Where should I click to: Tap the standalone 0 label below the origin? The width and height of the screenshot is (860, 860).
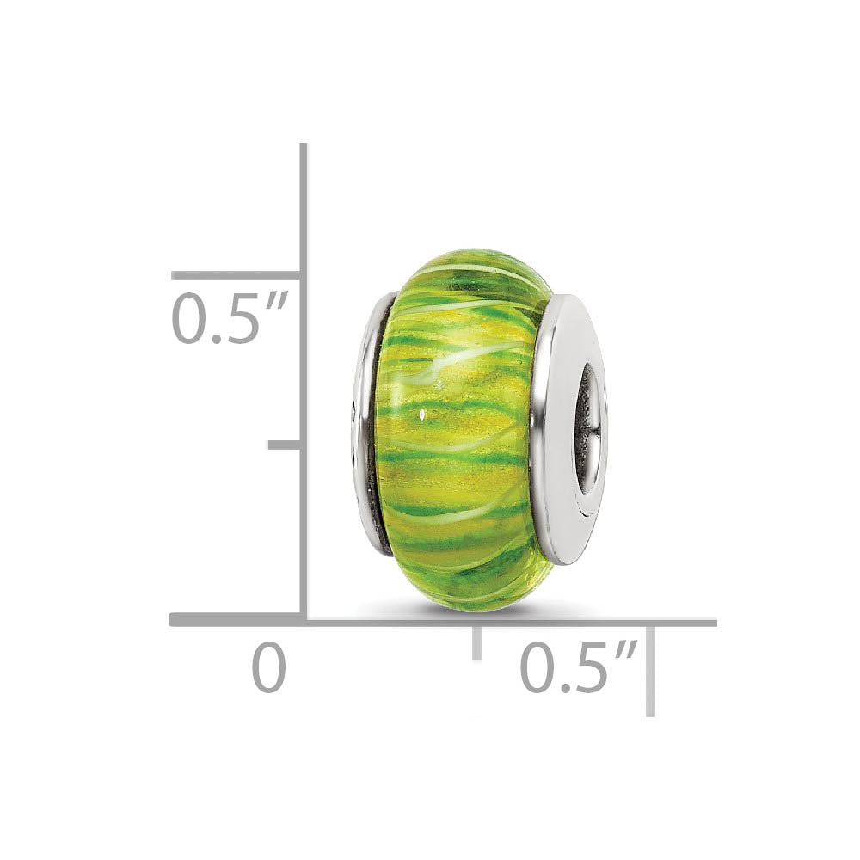click(x=268, y=669)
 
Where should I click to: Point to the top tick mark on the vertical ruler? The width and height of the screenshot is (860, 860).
click(x=236, y=276)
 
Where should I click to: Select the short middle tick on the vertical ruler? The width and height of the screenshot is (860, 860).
click(x=284, y=445)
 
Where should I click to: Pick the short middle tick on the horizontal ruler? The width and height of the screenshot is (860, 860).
click(x=476, y=642)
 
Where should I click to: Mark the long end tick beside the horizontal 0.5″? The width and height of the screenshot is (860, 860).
click(x=651, y=671)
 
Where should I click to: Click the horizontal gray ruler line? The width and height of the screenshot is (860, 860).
click(x=516, y=621)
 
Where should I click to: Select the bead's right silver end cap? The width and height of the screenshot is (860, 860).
click(x=569, y=430)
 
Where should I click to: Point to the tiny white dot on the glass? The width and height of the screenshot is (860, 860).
click(x=422, y=416)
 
